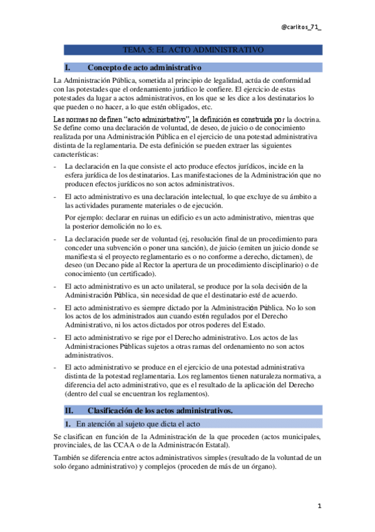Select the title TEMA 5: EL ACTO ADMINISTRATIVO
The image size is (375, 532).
tap(193, 50)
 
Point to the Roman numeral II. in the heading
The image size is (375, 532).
tap(69, 410)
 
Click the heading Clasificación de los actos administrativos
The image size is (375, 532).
tap(160, 410)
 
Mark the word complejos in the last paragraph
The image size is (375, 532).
tap(169, 467)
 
